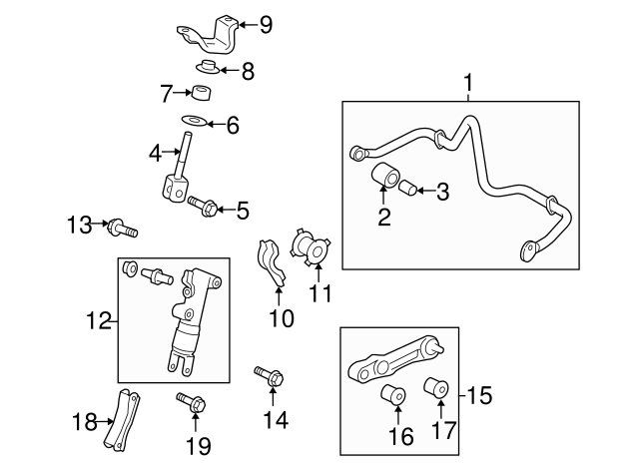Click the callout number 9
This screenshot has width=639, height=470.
click(265, 24)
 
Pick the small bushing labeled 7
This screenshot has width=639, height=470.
click(203, 95)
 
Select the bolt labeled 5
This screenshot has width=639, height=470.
click(203, 206)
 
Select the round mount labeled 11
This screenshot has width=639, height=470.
click(312, 247)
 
